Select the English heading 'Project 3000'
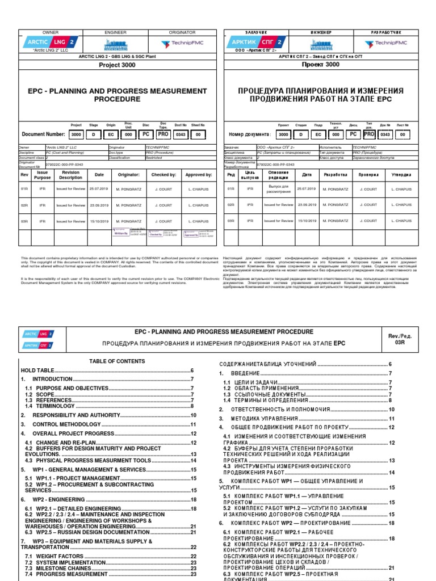click(x=118, y=65)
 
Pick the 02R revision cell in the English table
click(x=24, y=205)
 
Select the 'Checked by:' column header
click(x=163, y=175)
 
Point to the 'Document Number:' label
click(x=43, y=134)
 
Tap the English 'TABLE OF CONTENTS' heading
click(x=118, y=361)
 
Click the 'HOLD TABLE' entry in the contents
click(x=37, y=370)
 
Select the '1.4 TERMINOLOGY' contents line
click(x=49, y=406)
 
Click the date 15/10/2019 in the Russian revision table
click(x=307, y=221)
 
